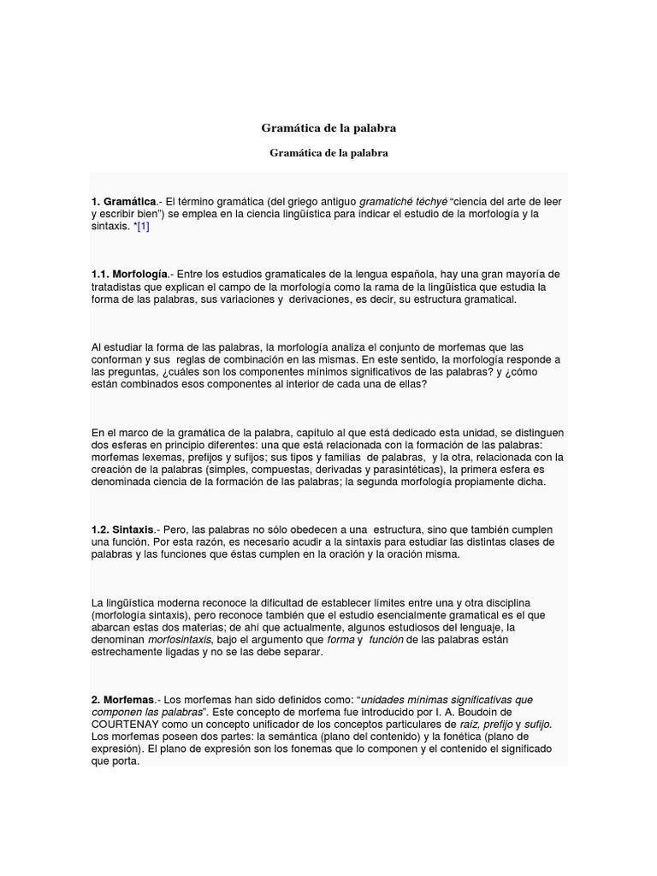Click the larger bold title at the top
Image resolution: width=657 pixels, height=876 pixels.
pos(328,128)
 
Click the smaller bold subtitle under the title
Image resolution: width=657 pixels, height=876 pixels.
pos(328,153)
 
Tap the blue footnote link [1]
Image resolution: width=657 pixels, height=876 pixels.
pos(143,226)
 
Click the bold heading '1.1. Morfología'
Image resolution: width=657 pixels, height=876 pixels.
pos(129,274)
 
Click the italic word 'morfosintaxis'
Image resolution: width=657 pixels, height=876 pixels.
pos(180,640)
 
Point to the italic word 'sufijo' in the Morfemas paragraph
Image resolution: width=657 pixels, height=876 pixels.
pos(537,725)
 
